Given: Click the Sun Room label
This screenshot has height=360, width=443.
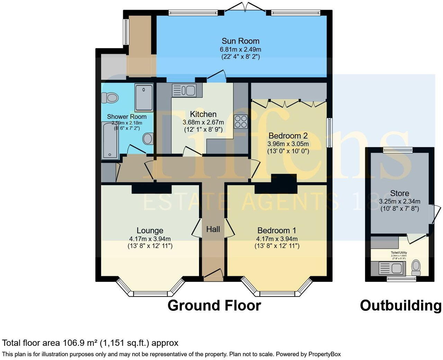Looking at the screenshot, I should click(x=240, y=41).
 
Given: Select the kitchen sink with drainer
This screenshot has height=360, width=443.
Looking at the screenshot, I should click(x=184, y=91).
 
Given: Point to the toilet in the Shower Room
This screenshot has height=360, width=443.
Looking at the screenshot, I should click(x=111, y=97).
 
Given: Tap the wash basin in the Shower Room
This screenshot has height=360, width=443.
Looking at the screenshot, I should click(x=148, y=139).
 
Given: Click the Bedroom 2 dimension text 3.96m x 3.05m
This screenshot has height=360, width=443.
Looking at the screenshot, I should click(x=288, y=143).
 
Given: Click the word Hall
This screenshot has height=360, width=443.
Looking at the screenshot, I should click(x=213, y=229).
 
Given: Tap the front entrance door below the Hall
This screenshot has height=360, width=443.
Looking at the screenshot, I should click(x=213, y=273).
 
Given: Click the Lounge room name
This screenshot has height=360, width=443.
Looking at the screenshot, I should click(x=150, y=231).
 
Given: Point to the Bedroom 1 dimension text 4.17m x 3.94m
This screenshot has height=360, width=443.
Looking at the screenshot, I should click(x=277, y=239).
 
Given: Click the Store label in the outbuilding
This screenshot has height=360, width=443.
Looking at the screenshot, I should click(x=399, y=193).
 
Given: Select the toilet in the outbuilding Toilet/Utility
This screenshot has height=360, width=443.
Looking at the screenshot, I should click(x=416, y=268).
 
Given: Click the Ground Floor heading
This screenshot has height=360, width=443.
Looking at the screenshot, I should click(x=214, y=306).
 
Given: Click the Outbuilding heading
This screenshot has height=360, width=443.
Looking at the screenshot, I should click(x=400, y=306).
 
